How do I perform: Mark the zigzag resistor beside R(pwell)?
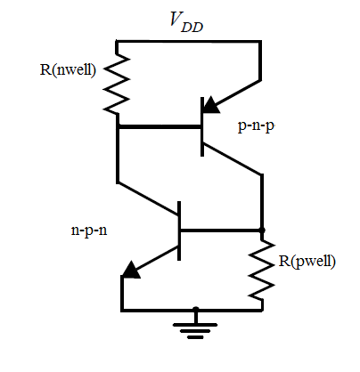pos(262,271)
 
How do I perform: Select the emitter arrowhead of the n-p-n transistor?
pos(132,270)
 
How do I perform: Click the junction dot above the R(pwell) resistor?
pos(262,230)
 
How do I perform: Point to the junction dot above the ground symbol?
pos(196,310)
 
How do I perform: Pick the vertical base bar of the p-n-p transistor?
pos(203,126)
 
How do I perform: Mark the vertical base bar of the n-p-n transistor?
pos(180,230)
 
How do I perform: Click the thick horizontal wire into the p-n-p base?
pos(160,126)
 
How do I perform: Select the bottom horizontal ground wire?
pos(192,310)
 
